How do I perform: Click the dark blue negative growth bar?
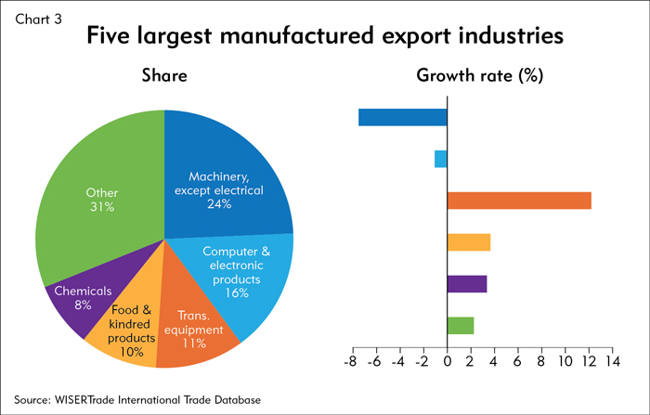(x=403, y=117)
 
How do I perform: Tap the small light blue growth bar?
(x=441, y=159)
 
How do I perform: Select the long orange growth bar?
(x=519, y=201)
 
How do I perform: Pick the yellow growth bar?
(x=469, y=242)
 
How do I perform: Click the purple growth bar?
(x=467, y=284)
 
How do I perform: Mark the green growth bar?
(x=461, y=325)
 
